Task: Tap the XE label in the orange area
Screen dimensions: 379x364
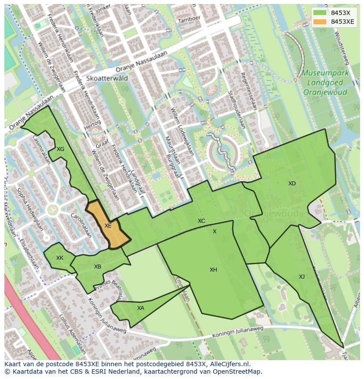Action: pyautogui.click(x=108, y=226)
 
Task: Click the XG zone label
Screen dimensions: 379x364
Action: pyautogui.click(x=61, y=149)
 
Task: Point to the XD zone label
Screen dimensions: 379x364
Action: pyautogui.click(x=292, y=184)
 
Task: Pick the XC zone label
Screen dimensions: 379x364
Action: pyautogui.click(x=201, y=221)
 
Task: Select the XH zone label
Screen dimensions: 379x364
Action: pyautogui.click(x=213, y=270)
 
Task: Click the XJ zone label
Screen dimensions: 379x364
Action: pyautogui.click(x=302, y=277)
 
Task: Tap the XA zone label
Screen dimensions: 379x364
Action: pyautogui.click(x=140, y=308)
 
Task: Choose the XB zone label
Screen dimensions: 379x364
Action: pyautogui.click(x=98, y=267)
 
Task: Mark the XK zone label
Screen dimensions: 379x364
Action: pyautogui.click(x=60, y=258)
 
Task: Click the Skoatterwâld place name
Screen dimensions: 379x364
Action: pyautogui.click(x=107, y=78)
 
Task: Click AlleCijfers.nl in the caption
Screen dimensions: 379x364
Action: pyautogui.click(x=228, y=364)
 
